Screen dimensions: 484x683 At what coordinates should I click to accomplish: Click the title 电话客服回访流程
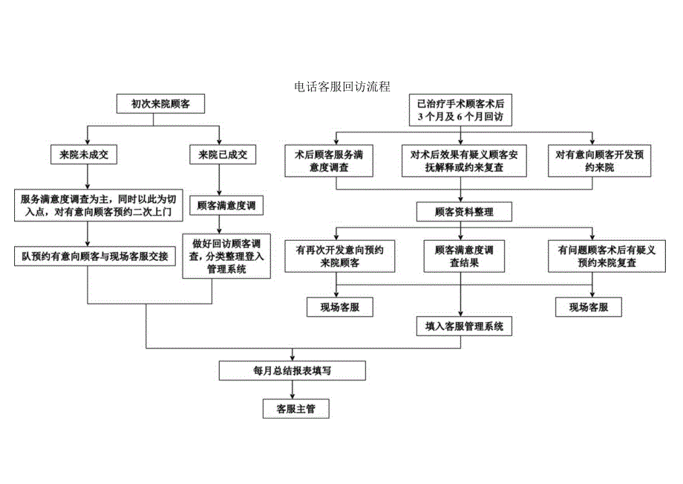pyautogui.click(x=341, y=87)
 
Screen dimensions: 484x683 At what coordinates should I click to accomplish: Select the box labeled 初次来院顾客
pyautogui.click(x=161, y=105)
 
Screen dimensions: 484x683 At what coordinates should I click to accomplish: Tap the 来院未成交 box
pyautogui.click(x=88, y=155)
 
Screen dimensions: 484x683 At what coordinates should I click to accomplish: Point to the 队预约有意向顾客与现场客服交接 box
pyautogui.click(x=95, y=256)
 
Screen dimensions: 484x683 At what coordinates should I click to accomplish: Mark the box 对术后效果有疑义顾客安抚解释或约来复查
pyautogui.click(x=464, y=161)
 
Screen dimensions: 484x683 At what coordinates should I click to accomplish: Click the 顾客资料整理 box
pyautogui.click(x=464, y=212)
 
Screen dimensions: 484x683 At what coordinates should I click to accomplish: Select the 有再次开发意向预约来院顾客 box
pyautogui.click(x=339, y=256)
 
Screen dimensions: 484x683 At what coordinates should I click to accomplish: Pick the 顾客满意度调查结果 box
pyautogui.click(x=464, y=256)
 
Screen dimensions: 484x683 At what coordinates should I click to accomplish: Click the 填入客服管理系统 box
pyautogui.click(x=464, y=326)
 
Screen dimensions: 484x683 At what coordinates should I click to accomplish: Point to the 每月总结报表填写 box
pyautogui.click(x=293, y=370)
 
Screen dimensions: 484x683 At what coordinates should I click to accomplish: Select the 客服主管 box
pyautogui.click(x=295, y=409)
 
